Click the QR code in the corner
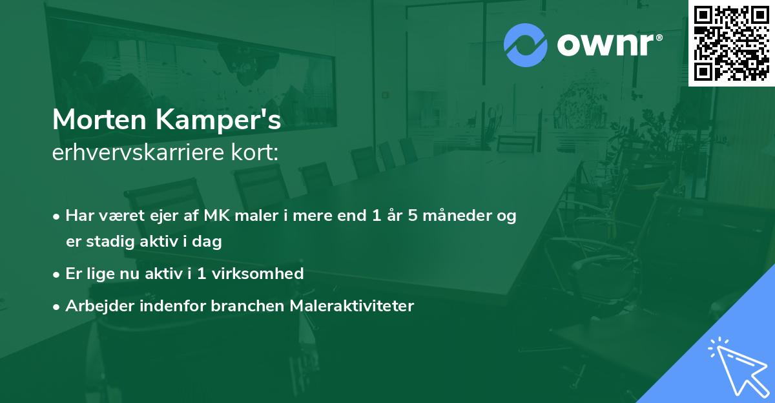click(x=731, y=43)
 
